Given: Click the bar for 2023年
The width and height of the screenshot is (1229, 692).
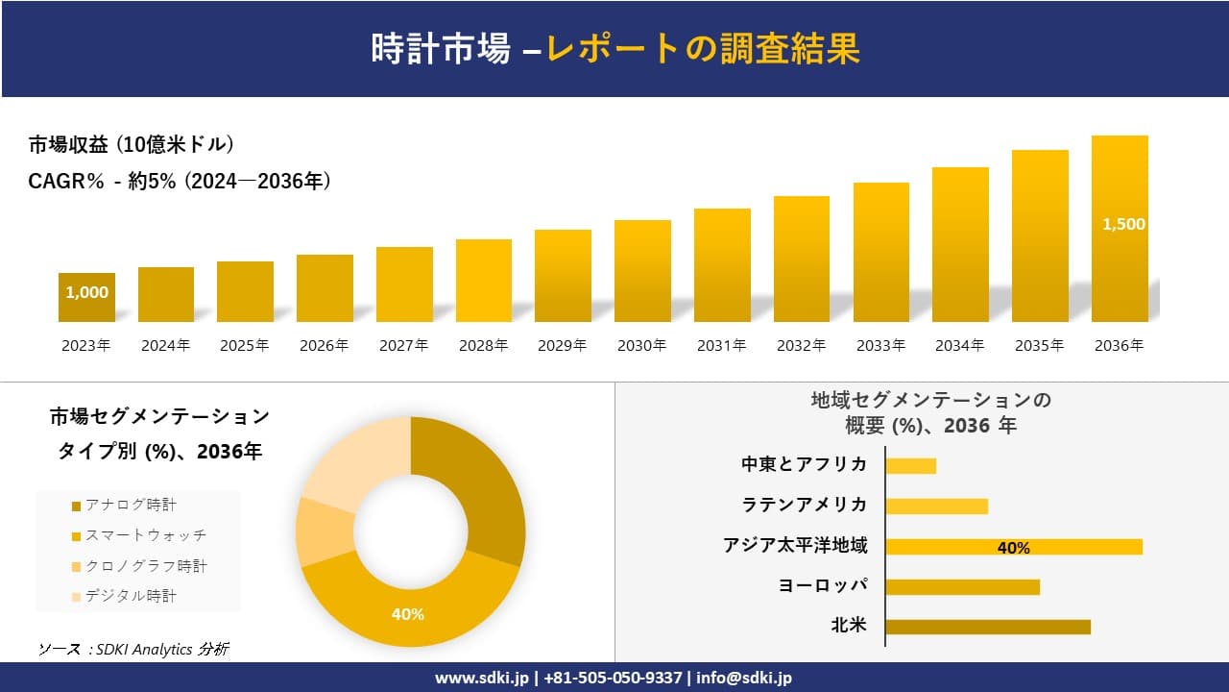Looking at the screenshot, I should [x=86, y=297].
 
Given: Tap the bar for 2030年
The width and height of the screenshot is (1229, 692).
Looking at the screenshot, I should [x=642, y=271].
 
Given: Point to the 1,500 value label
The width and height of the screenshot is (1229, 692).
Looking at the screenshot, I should [x=1123, y=224].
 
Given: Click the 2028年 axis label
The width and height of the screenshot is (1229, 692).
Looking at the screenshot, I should [x=483, y=346].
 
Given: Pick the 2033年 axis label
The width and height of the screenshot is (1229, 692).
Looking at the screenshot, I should [x=880, y=346].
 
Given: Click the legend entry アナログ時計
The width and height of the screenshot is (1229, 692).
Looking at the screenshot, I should [x=130, y=505].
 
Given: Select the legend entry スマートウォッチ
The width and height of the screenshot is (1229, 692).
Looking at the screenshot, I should [x=144, y=535].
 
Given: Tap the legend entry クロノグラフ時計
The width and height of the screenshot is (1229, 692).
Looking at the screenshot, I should [x=144, y=566].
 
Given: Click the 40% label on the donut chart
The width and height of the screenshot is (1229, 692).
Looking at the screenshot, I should [x=407, y=614].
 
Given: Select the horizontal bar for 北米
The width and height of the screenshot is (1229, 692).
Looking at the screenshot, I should [x=987, y=627].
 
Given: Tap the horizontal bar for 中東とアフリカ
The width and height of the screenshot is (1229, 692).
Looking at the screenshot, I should [x=910, y=466].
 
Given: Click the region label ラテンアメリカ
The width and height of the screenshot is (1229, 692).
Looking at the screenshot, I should [x=804, y=506].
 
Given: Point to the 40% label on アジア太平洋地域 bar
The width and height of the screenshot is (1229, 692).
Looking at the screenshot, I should [x=1013, y=548].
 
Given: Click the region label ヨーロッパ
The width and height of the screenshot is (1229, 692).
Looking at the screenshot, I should [x=823, y=585].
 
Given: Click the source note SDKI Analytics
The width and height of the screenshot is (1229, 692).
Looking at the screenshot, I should [x=134, y=650].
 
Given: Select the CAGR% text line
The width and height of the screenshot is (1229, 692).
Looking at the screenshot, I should [x=180, y=181].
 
